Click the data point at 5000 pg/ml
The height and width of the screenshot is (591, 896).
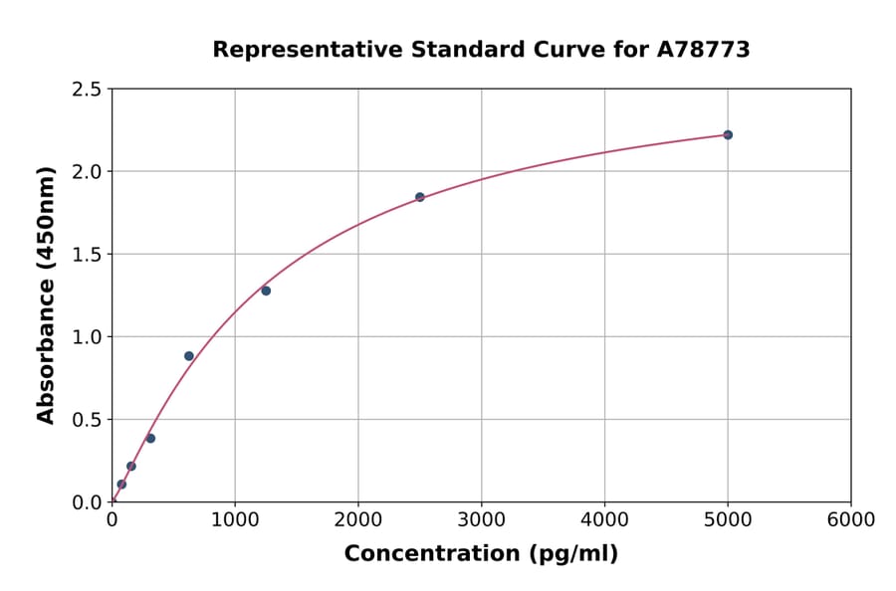pos(728,135)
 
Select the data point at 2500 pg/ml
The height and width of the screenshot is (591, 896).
pos(420,197)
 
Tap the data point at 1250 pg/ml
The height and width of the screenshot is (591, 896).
pos(266,291)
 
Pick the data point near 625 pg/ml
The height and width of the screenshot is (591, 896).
pos(189,356)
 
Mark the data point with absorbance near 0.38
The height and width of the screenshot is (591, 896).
pos(150,439)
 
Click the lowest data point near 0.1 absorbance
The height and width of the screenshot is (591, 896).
pos(121,485)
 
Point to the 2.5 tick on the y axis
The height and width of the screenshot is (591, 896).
pos(87,90)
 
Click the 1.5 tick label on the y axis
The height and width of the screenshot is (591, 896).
pos(87,255)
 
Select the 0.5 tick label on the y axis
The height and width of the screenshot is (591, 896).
pos(87,420)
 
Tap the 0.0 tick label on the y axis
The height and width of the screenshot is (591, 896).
pos(87,502)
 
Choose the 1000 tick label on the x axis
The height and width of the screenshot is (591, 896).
pos(235,520)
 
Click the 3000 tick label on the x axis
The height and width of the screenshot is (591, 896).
pos(482,520)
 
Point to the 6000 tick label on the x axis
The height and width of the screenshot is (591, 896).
pos(851,520)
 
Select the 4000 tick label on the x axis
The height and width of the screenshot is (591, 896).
pos(604,520)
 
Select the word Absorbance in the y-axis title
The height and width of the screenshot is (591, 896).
pos(46,338)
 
